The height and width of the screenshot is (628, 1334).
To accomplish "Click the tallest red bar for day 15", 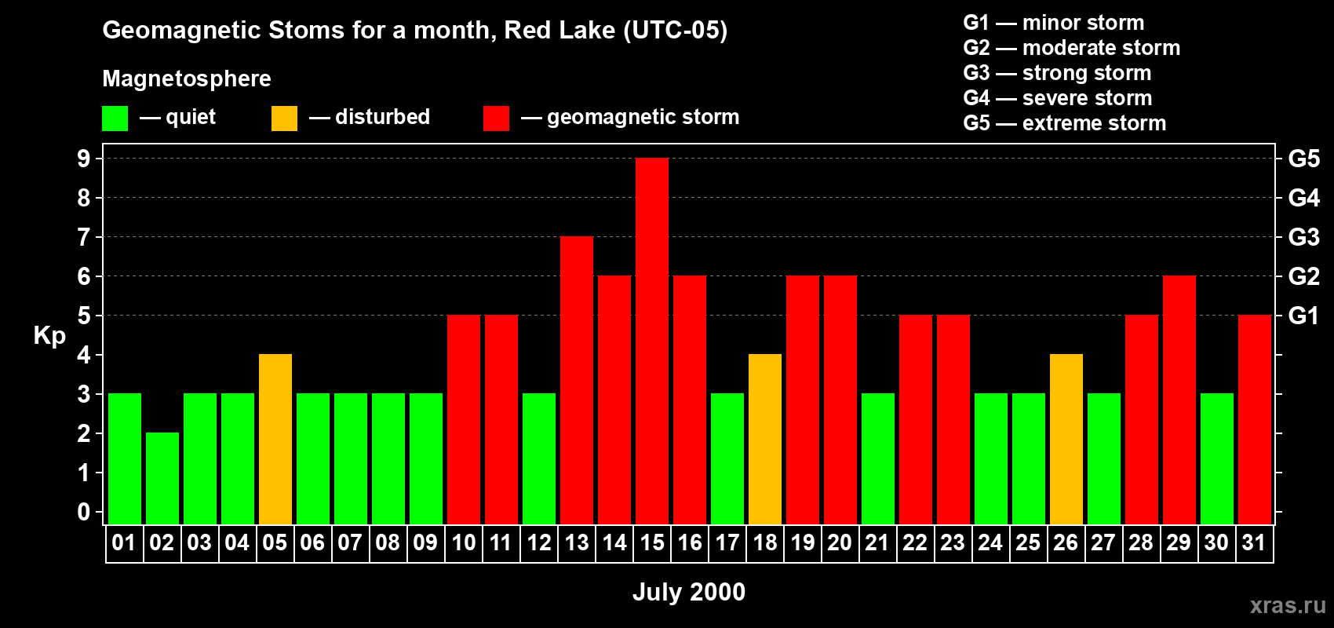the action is coord(652,341).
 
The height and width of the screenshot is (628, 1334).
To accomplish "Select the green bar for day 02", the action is coord(162,478).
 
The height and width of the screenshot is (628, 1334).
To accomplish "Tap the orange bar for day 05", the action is coord(275,439).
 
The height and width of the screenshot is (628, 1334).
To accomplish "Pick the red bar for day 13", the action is coord(577,380).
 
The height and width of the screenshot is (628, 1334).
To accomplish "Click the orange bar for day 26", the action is coord(1066,439).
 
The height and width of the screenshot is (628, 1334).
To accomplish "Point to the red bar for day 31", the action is coord(1255,419).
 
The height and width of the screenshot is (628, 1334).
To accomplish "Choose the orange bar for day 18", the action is coord(764,439).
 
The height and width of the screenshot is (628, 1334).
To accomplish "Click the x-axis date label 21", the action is coord(877,542).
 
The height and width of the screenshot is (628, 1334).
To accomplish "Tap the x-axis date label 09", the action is coord(425,542).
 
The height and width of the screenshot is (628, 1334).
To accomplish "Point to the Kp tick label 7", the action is coord(84,237).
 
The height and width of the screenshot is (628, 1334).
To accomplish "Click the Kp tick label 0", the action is coord(84,512).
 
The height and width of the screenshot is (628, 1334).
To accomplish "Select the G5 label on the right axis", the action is coord(1304,159).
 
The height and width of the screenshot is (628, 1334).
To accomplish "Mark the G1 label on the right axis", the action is coord(1304,316).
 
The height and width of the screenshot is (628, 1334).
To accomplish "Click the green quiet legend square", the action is coord(115,118).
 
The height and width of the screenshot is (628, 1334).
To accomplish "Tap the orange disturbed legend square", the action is coord(284,118).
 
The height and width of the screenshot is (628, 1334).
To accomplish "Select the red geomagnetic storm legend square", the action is coord(497,118).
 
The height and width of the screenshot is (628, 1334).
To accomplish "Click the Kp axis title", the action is coord(49,336).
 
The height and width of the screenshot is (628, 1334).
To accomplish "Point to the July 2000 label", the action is coord(688,592).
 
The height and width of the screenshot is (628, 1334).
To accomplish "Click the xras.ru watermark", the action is coord(1288,605).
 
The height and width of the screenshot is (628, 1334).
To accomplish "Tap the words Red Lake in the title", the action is coord(559,30).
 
